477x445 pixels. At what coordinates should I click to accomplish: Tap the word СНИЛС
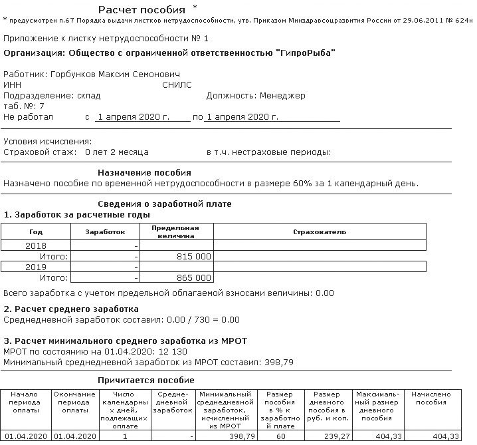(177, 84)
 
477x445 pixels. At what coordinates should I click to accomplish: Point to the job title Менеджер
(282, 95)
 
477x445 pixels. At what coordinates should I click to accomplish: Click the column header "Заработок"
(106, 232)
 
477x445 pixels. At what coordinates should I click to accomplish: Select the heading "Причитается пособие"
(145, 380)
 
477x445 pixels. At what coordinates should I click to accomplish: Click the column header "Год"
(36, 232)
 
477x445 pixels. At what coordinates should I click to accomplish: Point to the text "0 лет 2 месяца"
(117, 152)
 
